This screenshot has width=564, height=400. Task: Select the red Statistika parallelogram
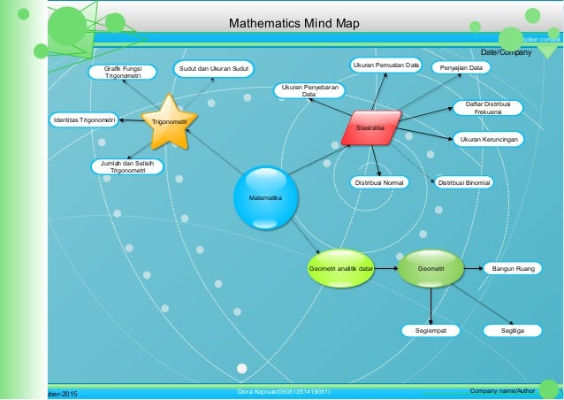(371, 128)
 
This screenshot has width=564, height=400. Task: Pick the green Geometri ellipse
(431, 268)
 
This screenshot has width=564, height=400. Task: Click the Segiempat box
(431, 330)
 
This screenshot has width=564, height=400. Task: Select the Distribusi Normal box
(379, 182)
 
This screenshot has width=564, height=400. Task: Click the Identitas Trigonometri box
(84, 119)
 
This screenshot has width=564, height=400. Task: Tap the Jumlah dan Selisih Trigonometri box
(122, 167)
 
